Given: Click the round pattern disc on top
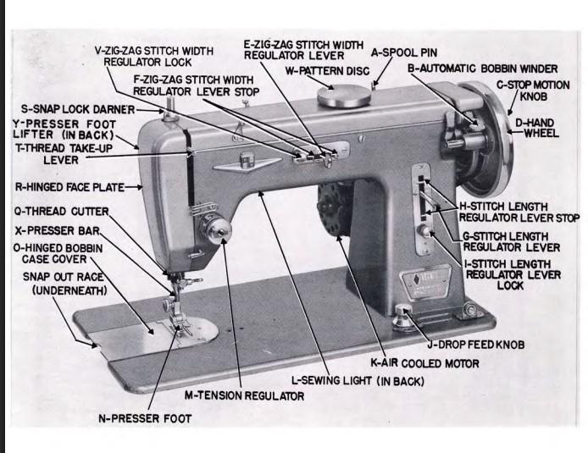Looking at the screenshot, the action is (344, 96).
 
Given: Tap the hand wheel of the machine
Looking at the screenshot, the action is (487, 139).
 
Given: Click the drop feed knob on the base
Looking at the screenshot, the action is (402, 318).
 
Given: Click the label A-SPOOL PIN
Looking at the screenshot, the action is (404, 52).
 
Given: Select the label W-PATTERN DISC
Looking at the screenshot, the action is (327, 71).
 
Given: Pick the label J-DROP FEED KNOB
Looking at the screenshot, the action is (476, 345).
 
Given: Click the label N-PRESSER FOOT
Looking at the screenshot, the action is (145, 418).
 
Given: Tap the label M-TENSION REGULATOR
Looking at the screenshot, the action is (244, 395).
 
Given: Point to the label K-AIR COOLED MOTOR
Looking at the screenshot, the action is (424, 363).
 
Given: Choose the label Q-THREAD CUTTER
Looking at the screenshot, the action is (62, 212).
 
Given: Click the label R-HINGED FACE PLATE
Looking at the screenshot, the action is (69, 187).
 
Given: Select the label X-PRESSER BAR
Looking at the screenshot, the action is (58, 230).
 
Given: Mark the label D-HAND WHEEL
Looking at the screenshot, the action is (537, 128).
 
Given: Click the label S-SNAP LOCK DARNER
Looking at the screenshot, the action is (78, 109).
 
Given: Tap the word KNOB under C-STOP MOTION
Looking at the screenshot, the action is (533, 97).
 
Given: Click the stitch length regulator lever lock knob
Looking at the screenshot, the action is (424, 230).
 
